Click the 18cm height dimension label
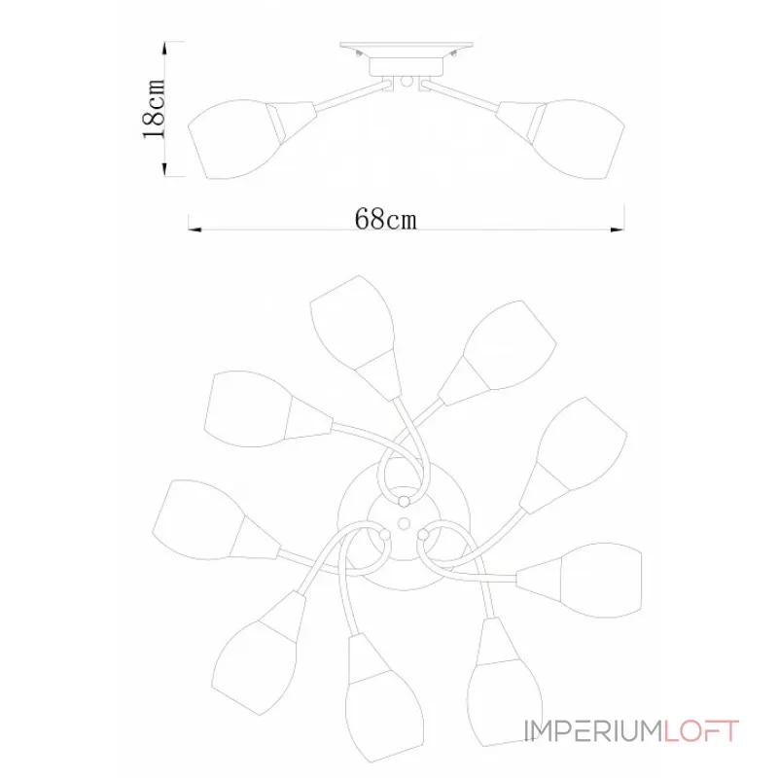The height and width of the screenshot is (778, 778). click(154, 109)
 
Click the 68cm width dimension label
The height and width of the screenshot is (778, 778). click(385, 218)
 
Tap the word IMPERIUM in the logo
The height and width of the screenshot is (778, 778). click(593, 731)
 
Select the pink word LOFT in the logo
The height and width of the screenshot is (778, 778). click(701, 731)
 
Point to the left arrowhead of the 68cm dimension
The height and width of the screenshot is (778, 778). click(194, 230)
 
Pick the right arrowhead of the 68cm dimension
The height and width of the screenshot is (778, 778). click(618, 230)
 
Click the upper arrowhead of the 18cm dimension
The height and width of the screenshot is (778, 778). click(164, 49)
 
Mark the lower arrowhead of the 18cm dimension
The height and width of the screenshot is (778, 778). click(164, 169)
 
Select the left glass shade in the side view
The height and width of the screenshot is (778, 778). click(235, 139)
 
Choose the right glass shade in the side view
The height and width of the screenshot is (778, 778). click(577, 139)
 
